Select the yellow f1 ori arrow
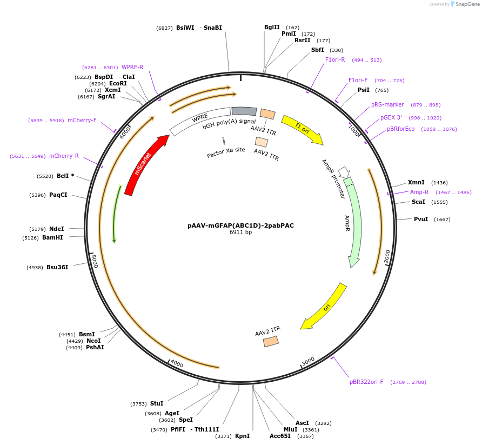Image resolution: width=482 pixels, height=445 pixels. coord(303,129)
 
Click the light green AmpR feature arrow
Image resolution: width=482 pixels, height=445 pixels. coord(354,222)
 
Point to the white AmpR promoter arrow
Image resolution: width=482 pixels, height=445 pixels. coord(344,172)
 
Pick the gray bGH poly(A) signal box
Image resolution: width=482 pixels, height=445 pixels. coord(244,111)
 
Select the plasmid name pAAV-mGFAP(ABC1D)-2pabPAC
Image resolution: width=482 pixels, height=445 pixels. coord(240,225)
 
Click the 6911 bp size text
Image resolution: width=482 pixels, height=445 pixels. coord(240,232)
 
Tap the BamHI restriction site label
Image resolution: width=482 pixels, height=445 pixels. coord(52,237)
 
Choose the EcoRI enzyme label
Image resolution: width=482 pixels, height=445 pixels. coord(118,83)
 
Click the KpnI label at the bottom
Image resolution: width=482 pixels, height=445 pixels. coord(242,436)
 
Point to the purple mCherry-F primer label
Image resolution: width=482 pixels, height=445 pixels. coord(82,120)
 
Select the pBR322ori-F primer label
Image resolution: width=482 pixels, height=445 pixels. coord(366,382)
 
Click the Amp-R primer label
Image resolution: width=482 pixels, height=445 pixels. coord(419,192)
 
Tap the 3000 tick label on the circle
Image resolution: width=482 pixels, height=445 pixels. coord(308,361)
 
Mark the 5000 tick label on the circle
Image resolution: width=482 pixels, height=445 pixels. coord(95,261)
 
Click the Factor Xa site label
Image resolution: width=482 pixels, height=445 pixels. coord(226,152)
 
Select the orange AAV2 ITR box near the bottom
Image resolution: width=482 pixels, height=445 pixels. coord(271,341)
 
